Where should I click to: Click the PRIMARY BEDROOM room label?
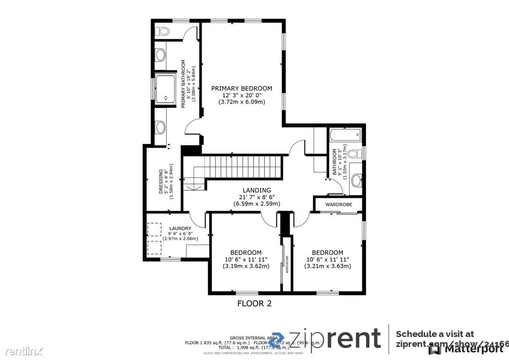tap(241, 88)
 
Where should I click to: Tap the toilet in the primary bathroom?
tap(163, 31)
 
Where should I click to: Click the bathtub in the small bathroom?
tap(345, 135)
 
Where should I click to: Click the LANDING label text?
tap(257, 190)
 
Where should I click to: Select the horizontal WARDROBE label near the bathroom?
tap(338, 204)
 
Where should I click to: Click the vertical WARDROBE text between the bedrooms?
tap(287, 264)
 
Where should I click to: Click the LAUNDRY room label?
tap(180, 229)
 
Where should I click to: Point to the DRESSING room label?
tap(161, 182)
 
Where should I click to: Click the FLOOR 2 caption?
tap(254, 303)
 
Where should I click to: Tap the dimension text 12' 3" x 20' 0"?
tap(241, 95)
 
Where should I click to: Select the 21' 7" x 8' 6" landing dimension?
tap(257, 197)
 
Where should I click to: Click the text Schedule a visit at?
tap(435, 334)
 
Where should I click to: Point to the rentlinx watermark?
tap(22, 351)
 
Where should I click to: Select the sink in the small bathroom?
tap(357, 179)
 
